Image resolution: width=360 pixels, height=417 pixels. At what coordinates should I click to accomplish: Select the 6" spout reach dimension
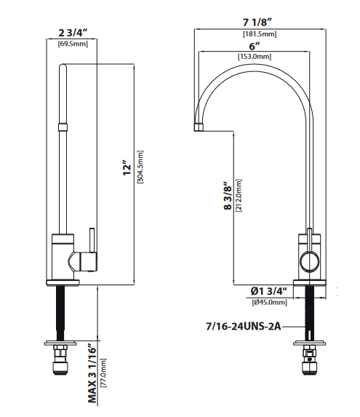pos(255,45)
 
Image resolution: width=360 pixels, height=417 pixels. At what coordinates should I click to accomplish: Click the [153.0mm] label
pos(255,57)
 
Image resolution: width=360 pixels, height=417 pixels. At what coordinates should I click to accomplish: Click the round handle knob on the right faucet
pos(309,261)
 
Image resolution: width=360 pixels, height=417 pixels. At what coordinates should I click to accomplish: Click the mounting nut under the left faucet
pos(60,357)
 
